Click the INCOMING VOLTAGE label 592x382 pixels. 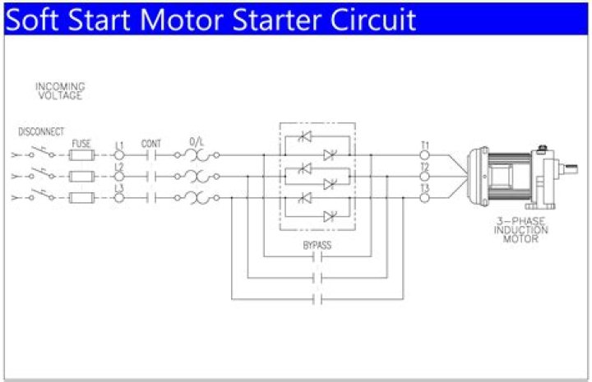[x=60, y=90]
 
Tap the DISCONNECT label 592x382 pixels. [x=40, y=131]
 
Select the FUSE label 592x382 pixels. [x=81, y=142]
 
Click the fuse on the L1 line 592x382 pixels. [x=81, y=154]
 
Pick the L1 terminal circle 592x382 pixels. [x=119, y=154]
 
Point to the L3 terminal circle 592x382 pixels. [x=119, y=198]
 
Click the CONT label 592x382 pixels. [x=151, y=142]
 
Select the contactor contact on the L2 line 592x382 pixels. [x=151, y=176]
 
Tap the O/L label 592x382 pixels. [x=197, y=141]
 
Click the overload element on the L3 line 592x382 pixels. [x=197, y=197]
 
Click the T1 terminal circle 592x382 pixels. [x=425, y=154]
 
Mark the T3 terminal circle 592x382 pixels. [x=425, y=198]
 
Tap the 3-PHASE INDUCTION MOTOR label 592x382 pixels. [x=516, y=229]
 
